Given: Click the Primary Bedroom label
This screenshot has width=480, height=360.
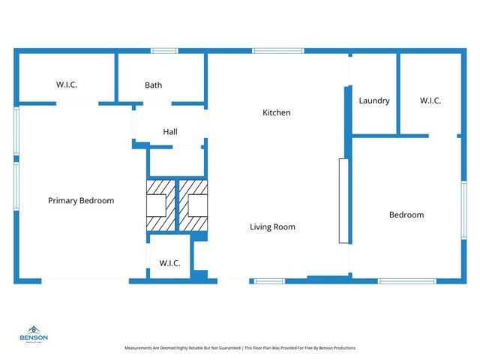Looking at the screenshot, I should click(x=81, y=200).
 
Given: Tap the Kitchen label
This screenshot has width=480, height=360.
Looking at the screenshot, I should click(x=276, y=112).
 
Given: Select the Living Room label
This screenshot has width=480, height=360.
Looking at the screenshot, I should click(x=272, y=226).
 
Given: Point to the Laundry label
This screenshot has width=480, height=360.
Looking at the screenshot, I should click(x=373, y=100).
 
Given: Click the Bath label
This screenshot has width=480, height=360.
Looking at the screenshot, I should click(x=153, y=85).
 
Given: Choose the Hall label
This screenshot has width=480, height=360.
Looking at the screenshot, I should click(x=170, y=132).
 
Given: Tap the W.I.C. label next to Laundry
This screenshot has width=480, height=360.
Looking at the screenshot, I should click(x=430, y=100).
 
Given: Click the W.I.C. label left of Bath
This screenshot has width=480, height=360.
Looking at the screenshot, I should click(x=67, y=85).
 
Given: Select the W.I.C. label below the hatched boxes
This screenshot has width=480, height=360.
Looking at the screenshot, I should click(x=169, y=263).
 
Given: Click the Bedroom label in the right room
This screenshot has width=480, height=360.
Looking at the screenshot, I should click(x=406, y=214).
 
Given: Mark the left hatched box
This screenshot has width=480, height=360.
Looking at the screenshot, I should click(x=159, y=205).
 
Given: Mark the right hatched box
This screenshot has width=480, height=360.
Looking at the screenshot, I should click(x=193, y=205).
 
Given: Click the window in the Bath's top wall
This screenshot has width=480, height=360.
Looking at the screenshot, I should click(x=163, y=51).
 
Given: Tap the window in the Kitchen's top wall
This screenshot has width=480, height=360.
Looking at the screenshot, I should click(x=277, y=51).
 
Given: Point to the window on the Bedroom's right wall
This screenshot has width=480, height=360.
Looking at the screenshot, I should click(x=463, y=211).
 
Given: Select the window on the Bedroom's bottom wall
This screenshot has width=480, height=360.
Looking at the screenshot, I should click(x=395, y=281).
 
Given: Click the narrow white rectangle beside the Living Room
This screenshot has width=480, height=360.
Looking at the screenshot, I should click(x=343, y=200).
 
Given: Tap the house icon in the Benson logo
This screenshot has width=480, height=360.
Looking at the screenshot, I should click(x=34, y=329).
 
